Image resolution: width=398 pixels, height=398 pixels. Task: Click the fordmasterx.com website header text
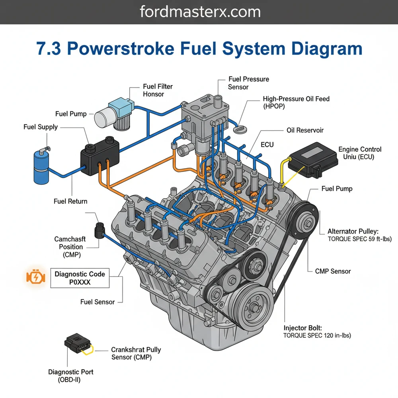200,12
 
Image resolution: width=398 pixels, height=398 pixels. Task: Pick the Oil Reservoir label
305,131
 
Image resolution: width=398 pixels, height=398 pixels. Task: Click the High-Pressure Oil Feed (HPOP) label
296,103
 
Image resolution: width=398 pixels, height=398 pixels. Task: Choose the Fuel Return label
70,201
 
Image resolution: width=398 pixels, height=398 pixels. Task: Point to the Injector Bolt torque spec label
317,332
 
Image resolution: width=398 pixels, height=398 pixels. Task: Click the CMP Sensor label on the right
333,271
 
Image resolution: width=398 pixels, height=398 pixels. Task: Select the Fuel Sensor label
97,302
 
